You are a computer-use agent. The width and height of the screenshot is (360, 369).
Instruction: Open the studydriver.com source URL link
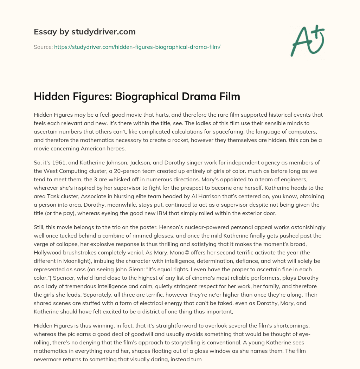coord(137,47)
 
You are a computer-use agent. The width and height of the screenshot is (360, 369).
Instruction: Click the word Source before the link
coord(43,47)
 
